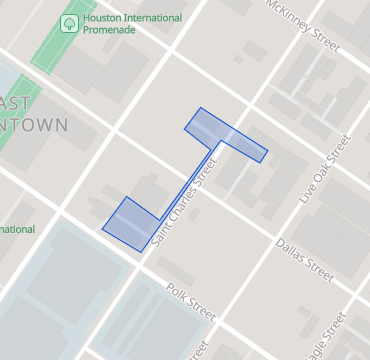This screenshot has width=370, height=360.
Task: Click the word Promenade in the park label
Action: [112, 31]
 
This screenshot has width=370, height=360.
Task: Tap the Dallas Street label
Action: [304, 259]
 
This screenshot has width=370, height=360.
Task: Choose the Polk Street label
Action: [190, 301]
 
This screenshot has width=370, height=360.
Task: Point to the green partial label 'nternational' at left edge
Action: [17, 229]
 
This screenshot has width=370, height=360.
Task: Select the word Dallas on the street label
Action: [292, 252]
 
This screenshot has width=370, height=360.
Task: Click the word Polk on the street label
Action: [177, 294]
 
